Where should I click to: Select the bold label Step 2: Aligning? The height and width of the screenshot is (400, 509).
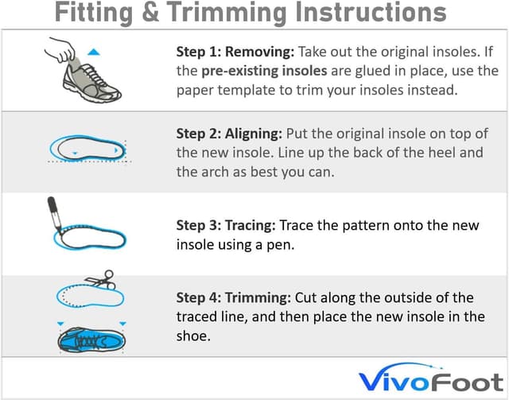[x=231, y=134]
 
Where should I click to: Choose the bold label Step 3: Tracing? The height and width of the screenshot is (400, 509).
[x=229, y=225]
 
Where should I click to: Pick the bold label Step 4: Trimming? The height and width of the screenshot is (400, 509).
[x=234, y=298]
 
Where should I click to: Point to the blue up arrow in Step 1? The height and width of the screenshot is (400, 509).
[x=93, y=52]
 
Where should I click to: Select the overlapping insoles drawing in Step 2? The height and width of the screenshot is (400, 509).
[x=86, y=148]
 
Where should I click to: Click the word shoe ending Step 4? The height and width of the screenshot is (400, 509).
[x=192, y=335]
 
